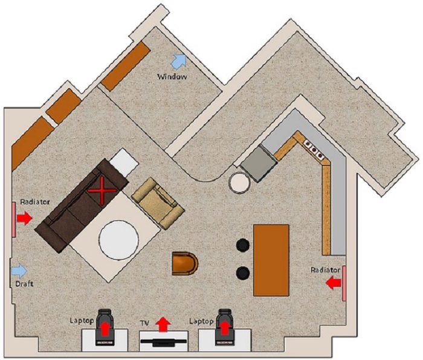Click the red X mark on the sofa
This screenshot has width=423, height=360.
102,190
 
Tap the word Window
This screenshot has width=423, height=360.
172,77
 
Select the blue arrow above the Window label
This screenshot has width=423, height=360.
179,60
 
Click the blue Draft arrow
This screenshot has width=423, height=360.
19,271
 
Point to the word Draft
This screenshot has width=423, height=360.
24,284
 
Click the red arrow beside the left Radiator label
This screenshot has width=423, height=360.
25,218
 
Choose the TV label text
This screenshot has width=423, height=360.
144,323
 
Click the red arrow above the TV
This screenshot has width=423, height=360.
163,324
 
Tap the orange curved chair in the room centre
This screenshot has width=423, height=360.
185,263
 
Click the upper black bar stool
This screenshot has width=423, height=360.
243,245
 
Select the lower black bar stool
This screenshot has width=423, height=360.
243,273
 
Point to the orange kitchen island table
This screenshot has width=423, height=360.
271,260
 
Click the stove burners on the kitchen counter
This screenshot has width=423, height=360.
314,149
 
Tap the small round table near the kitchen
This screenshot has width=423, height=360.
239,182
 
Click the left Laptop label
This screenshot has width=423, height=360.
82,321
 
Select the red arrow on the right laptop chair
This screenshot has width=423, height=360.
224,328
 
